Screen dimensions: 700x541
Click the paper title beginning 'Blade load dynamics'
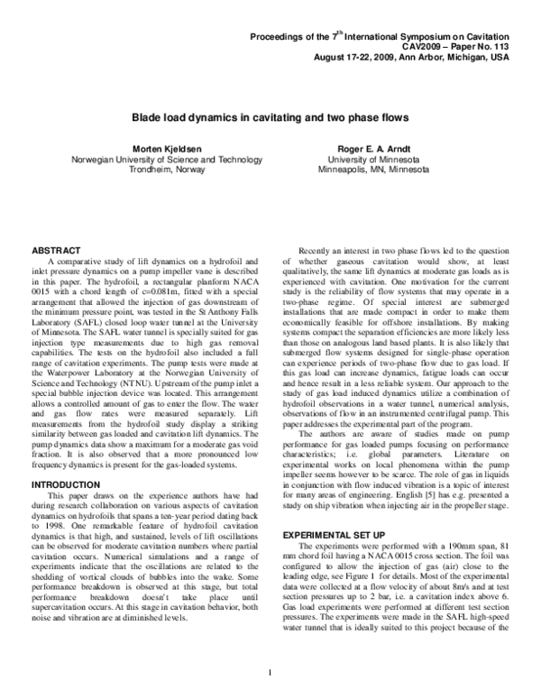point(271,117)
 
